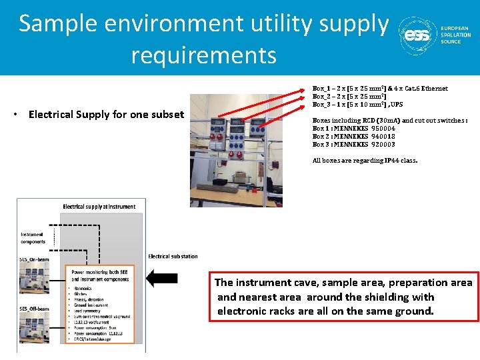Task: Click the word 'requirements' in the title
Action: tap(203, 55)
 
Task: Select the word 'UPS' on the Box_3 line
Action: tap(396, 105)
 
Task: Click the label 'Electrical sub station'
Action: tap(173, 257)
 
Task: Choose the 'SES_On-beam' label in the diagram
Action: tap(33, 259)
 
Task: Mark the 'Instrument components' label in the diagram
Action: tap(33, 238)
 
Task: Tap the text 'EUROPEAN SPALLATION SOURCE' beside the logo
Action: tap(455, 35)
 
